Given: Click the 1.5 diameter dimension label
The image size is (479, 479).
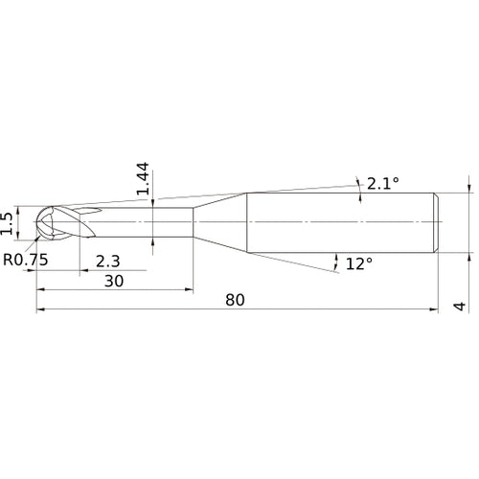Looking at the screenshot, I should [x=9, y=222].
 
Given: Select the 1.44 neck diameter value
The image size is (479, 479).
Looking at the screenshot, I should [x=143, y=179].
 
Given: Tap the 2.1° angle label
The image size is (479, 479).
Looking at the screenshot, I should [x=381, y=183].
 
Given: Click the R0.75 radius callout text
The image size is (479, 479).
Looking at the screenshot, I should [x=26, y=260].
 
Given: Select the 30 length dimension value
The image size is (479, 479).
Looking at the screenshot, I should [x=114, y=281].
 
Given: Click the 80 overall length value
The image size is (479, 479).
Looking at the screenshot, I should [x=236, y=300].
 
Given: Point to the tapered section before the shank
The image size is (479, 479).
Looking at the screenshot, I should [x=220, y=223].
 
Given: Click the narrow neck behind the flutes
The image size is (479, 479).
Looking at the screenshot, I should [x=144, y=223].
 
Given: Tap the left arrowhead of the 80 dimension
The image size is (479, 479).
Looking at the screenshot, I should [x=41, y=310].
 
